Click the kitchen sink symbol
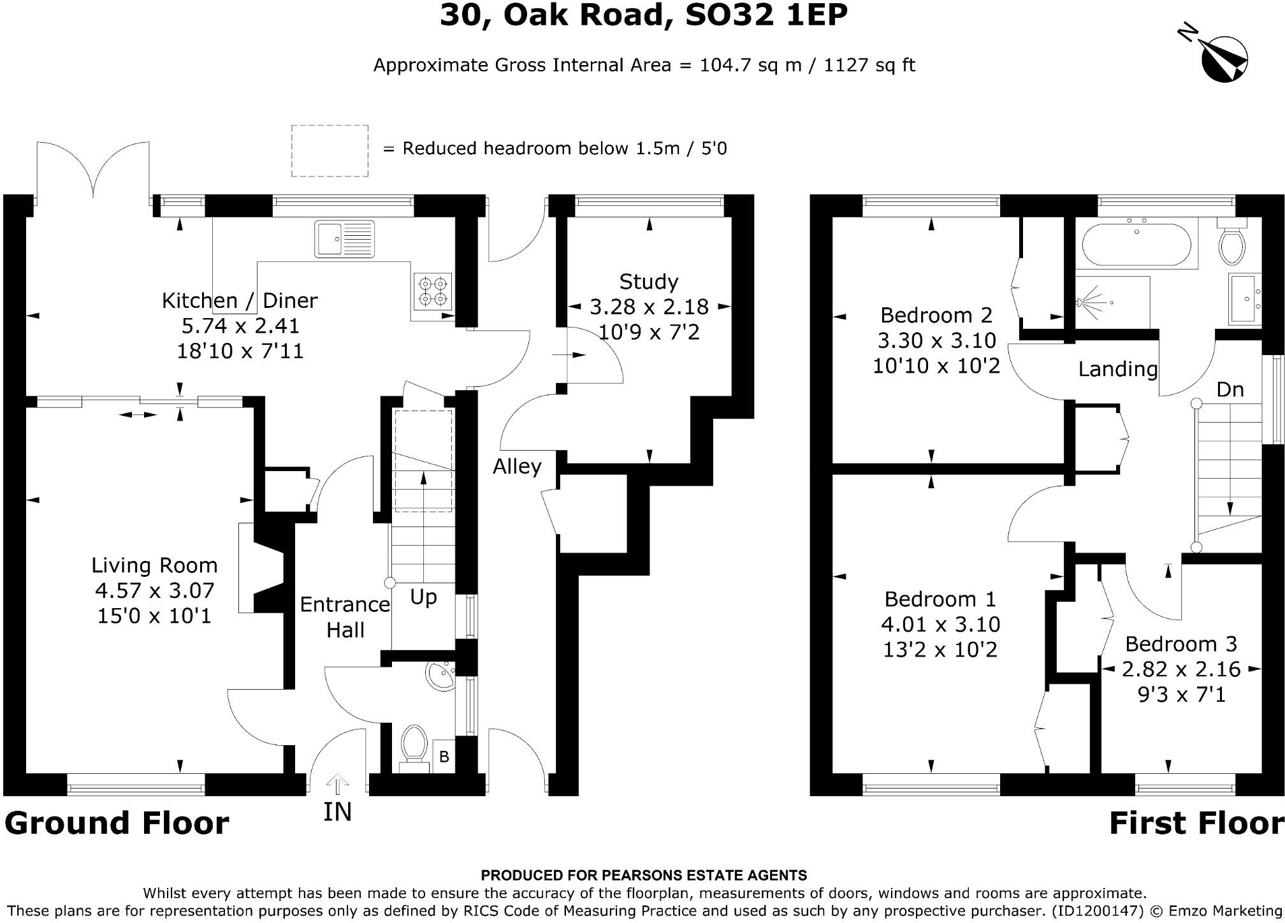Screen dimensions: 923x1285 pyautogui.click(x=344, y=239)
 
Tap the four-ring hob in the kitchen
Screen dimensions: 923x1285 pyautogui.click(x=433, y=291)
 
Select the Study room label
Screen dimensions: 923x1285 pyautogui.click(x=649, y=281)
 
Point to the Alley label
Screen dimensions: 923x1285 pyautogui.click(x=517, y=467)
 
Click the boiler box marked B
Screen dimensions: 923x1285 pyautogui.click(x=444, y=757)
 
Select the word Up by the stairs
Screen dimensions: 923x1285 pyautogui.click(x=423, y=597)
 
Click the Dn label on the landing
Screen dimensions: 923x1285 pyautogui.click(x=1230, y=389)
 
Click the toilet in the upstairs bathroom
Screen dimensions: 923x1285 pyautogui.click(x=1231, y=243)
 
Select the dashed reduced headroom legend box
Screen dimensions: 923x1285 pyautogui.click(x=330, y=150)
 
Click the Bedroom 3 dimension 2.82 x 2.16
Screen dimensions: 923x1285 pyautogui.click(x=1181, y=669)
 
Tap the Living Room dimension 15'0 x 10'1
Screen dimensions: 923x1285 pyautogui.click(x=154, y=616)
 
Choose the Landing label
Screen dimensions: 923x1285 pyautogui.click(x=1117, y=369)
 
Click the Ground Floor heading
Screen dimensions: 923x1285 pyautogui.click(x=117, y=823)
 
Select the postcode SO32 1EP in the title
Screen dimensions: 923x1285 pyautogui.click(x=766, y=15)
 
